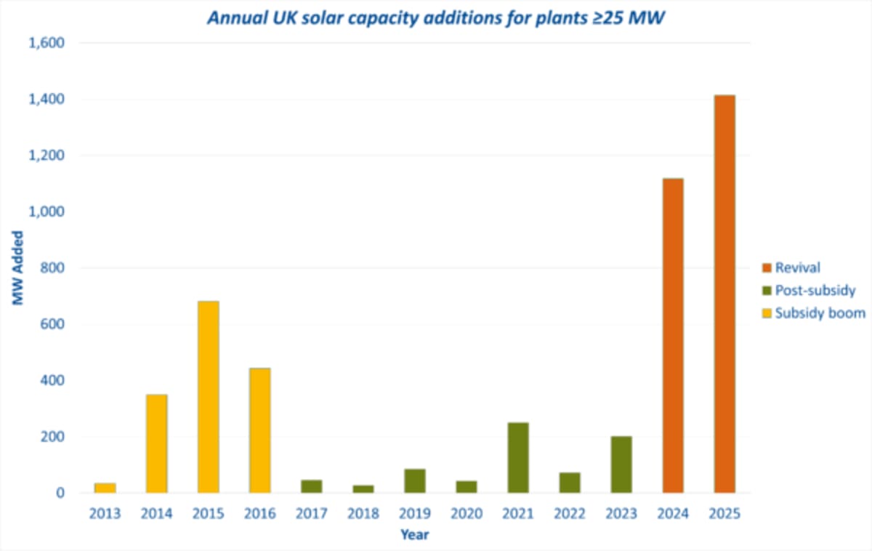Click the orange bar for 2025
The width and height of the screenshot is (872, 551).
724,294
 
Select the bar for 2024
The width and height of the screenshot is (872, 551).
673,335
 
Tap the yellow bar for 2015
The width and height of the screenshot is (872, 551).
208,397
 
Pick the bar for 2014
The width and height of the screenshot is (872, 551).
156,443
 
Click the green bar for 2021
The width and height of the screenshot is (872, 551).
518,457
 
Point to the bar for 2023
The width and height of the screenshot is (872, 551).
621,464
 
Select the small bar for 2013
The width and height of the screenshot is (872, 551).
105,488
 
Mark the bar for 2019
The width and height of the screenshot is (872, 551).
414,480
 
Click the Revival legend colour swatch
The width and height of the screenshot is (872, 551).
766,268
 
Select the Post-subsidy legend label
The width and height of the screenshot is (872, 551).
815,291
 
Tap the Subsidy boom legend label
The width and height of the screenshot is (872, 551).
820,313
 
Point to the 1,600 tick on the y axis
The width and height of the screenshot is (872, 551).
46,43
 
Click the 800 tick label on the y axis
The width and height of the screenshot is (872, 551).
53,268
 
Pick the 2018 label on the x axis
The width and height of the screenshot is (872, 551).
363,514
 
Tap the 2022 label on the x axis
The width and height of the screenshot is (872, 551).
569,514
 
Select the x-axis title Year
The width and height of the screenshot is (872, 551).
414,536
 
